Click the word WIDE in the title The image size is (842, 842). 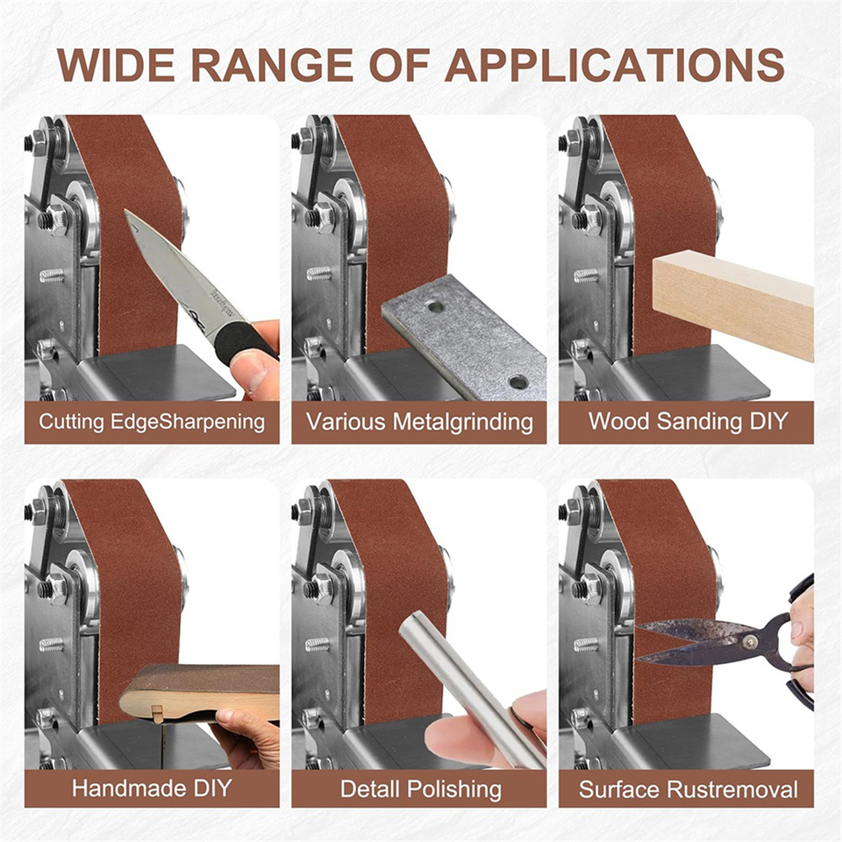115,66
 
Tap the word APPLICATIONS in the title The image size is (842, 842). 615,66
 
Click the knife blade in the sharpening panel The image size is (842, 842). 176,274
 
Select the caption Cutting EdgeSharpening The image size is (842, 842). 152,422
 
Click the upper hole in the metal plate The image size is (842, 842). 434,307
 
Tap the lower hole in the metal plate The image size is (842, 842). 517,382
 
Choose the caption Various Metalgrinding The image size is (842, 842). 419,422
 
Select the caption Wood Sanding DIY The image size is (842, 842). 688,421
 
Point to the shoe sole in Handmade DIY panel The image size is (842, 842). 199,694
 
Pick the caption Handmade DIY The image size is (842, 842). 152,788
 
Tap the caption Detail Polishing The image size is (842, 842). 420,789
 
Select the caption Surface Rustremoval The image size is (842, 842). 688,789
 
